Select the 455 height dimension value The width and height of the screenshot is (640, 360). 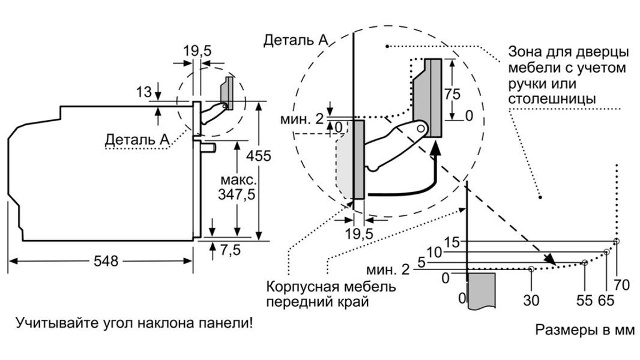click(259, 155)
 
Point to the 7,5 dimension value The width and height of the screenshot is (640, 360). click(229, 250)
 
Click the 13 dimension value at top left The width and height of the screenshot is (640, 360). click(144, 92)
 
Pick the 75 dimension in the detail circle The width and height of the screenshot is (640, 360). click(453, 94)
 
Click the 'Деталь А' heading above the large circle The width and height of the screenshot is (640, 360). click(295, 41)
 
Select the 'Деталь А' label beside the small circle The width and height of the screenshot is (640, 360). click(136, 139)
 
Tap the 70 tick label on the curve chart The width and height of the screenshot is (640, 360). click(622, 285)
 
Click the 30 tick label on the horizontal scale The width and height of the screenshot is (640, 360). click(531, 300)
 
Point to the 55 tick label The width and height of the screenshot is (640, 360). click(584, 301)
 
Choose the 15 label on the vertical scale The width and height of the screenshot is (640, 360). click(451, 242)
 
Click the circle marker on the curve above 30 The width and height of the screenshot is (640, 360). click(531, 269)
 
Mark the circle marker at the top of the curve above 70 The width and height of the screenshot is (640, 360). click(617, 241)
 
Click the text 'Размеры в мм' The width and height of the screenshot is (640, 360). click(584, 330)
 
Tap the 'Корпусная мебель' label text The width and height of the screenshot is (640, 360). click(331, 286)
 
